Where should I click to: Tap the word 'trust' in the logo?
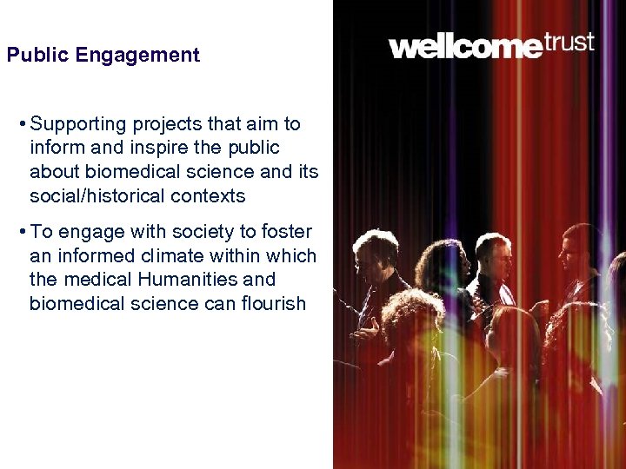tap(569, 41)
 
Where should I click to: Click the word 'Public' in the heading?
tap(37, 56)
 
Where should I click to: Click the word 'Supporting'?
tap(77, 124)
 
